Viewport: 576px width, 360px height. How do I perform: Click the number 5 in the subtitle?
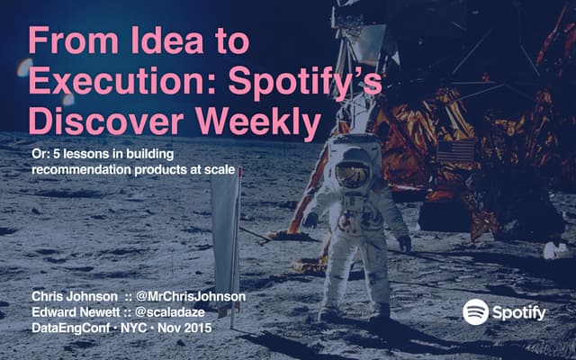56,155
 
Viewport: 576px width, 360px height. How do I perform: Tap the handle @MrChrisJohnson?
191,296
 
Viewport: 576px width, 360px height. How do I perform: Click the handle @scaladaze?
173,311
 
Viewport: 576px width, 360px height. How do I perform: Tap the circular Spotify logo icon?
475,311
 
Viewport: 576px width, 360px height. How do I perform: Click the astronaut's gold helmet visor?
354,174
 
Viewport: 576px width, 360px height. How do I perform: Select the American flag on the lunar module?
455,150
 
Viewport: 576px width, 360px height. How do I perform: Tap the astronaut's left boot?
382,311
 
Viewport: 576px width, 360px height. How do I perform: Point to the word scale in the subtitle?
220,169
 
